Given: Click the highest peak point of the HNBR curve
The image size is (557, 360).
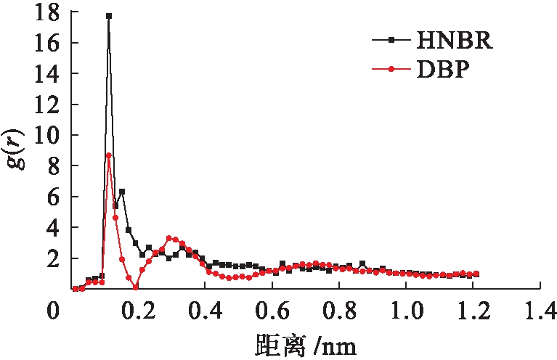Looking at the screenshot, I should tap(109, 15).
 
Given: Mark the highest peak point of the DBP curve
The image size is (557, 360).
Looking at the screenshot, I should tap(109, 155).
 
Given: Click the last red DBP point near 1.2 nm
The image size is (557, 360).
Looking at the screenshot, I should tap(476, 274).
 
